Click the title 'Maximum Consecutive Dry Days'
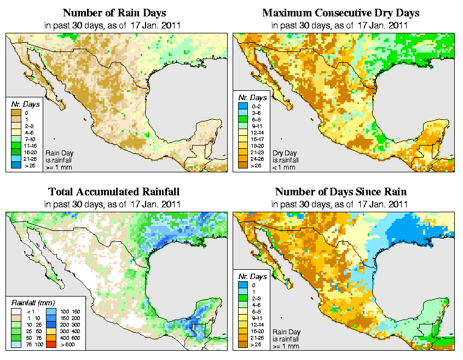click(x=341, y=12)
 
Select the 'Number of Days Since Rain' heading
click(x=341, y=192)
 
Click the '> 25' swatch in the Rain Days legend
click(x=16, y=165)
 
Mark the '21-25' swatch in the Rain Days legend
click(x=16, y=159)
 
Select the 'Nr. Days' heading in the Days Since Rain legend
click(x=254, y=277)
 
